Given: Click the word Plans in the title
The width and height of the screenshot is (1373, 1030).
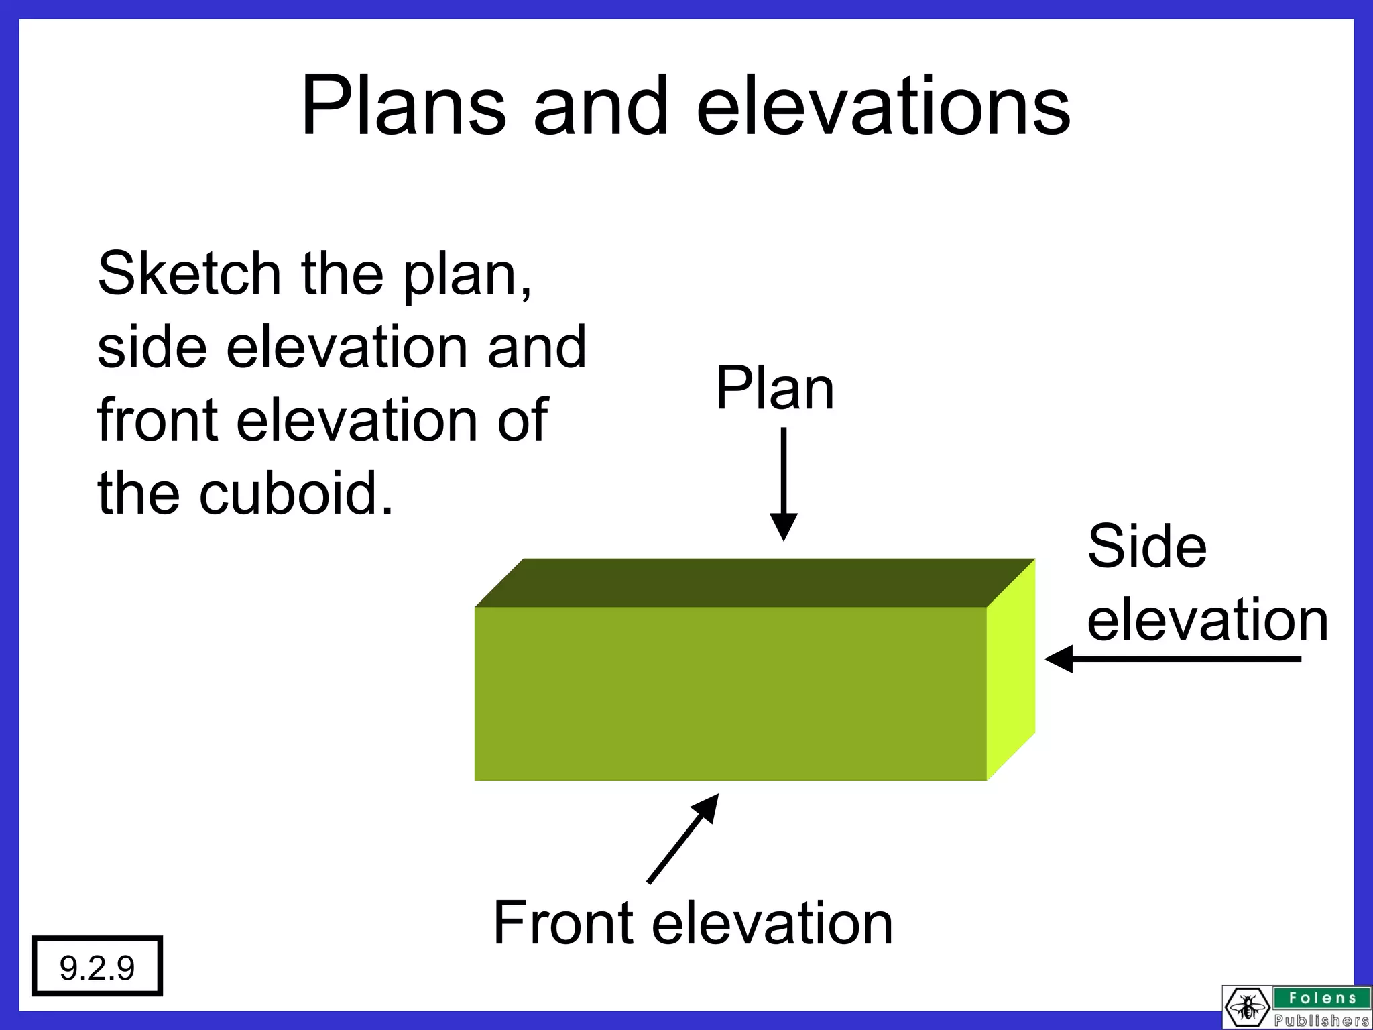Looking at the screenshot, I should click(x=403, y=107).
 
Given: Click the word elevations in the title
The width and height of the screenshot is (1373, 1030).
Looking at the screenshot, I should click(x=883, y=107).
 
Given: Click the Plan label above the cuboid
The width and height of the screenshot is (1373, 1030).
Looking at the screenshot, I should click(x=774, y=388).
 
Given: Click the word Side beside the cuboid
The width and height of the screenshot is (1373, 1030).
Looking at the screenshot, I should click(x=1146, y=547).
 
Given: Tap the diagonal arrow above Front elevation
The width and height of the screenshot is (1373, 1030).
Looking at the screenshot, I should click(x=682, y=839).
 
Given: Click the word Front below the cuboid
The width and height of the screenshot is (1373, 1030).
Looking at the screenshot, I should click(x=563, y=923).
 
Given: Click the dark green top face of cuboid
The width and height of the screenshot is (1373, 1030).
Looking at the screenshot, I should click(x=754, y=582).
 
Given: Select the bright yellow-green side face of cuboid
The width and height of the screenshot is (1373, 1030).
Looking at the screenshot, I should click(x=1010, y=671).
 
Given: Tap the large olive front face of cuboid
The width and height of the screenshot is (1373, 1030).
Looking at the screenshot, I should click(x=730, y=693).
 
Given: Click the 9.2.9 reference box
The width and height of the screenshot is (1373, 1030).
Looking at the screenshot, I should click(x=97, y=966).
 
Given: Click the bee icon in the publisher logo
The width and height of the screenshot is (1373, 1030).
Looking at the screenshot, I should click(x=1248, y=1007).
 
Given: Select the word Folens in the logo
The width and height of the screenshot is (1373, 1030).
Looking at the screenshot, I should click(x=1322, y=998).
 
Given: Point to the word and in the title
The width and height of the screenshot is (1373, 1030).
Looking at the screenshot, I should click(x=601, y=107).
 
